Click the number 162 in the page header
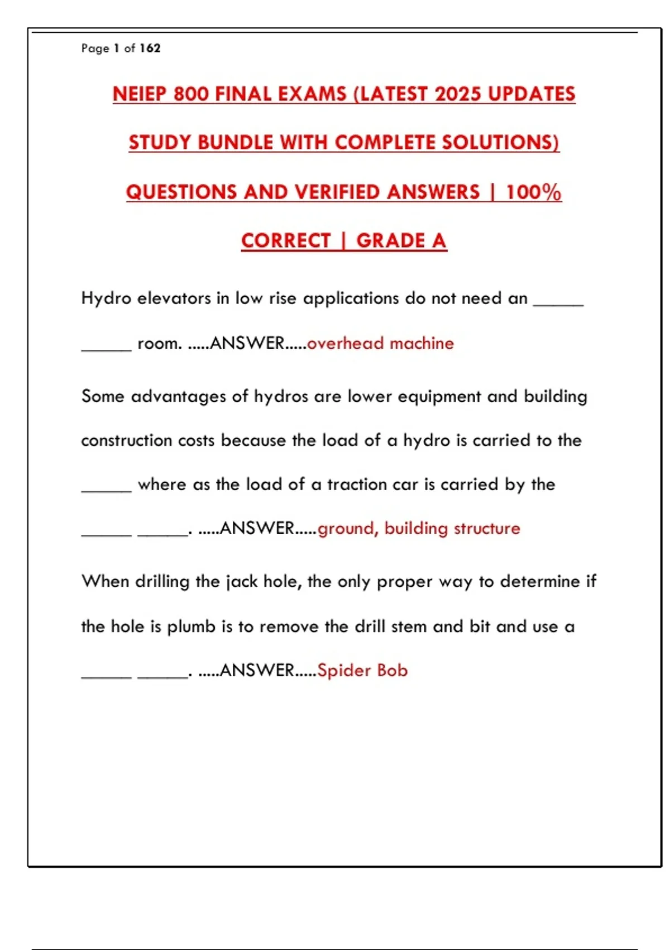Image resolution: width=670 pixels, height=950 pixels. [x=150, y=48]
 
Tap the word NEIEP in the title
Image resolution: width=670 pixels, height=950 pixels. [x=140, y=94]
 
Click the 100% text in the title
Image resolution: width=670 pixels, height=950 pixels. [x=533, y=192]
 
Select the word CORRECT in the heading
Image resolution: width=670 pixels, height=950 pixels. [x=286, y=241]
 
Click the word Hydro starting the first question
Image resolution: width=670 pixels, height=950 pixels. [x=106, y=298]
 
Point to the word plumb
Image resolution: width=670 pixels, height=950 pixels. [x=191, y=627]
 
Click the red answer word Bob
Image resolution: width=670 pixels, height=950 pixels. [x=393, y=671]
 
